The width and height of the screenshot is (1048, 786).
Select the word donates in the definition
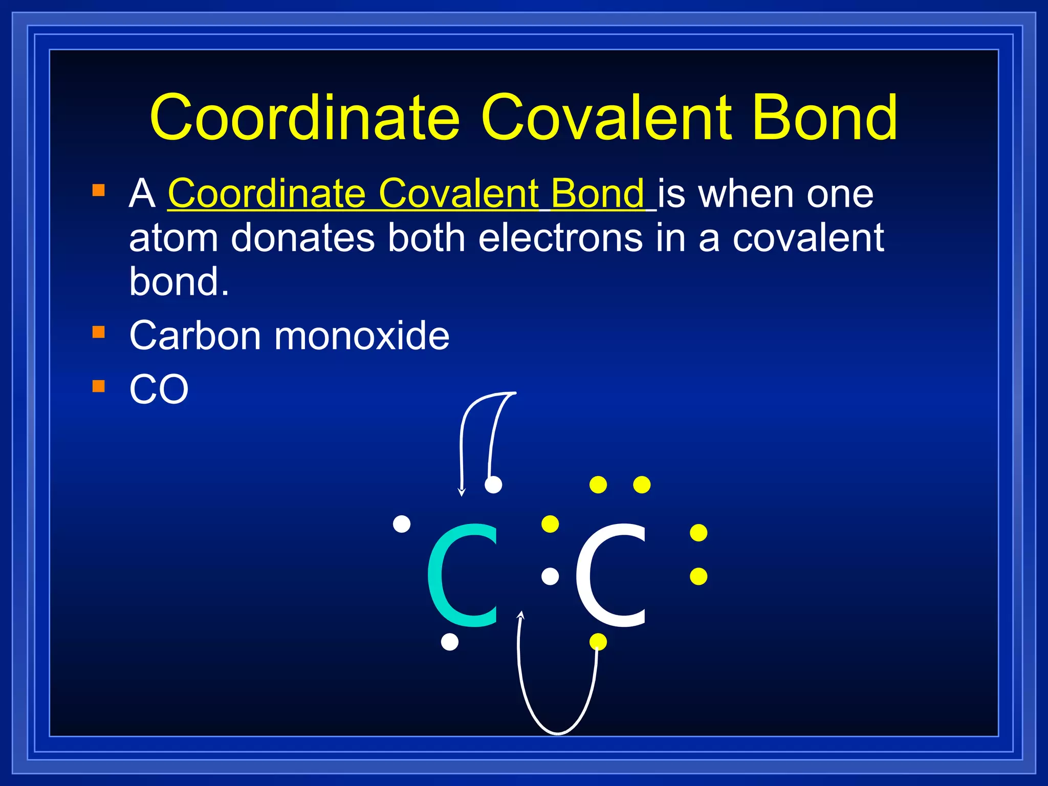(303, 238)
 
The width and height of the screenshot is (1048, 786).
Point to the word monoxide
(362, 336)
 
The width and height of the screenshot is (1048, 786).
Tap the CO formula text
(159, 389)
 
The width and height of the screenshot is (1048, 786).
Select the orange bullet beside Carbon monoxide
(99, 332)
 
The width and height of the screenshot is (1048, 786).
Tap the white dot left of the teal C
(402, 524)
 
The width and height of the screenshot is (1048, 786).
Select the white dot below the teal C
(449, 642)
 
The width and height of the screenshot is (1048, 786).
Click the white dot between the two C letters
(550, 577)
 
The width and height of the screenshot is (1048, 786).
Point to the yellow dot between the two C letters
(550, 524)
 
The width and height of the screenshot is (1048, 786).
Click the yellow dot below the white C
(598, 642)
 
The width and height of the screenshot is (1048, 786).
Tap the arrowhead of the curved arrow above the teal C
(462, 493)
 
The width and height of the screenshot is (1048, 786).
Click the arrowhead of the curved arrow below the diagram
(521, 615)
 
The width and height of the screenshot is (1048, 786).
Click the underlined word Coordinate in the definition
(267, 194)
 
